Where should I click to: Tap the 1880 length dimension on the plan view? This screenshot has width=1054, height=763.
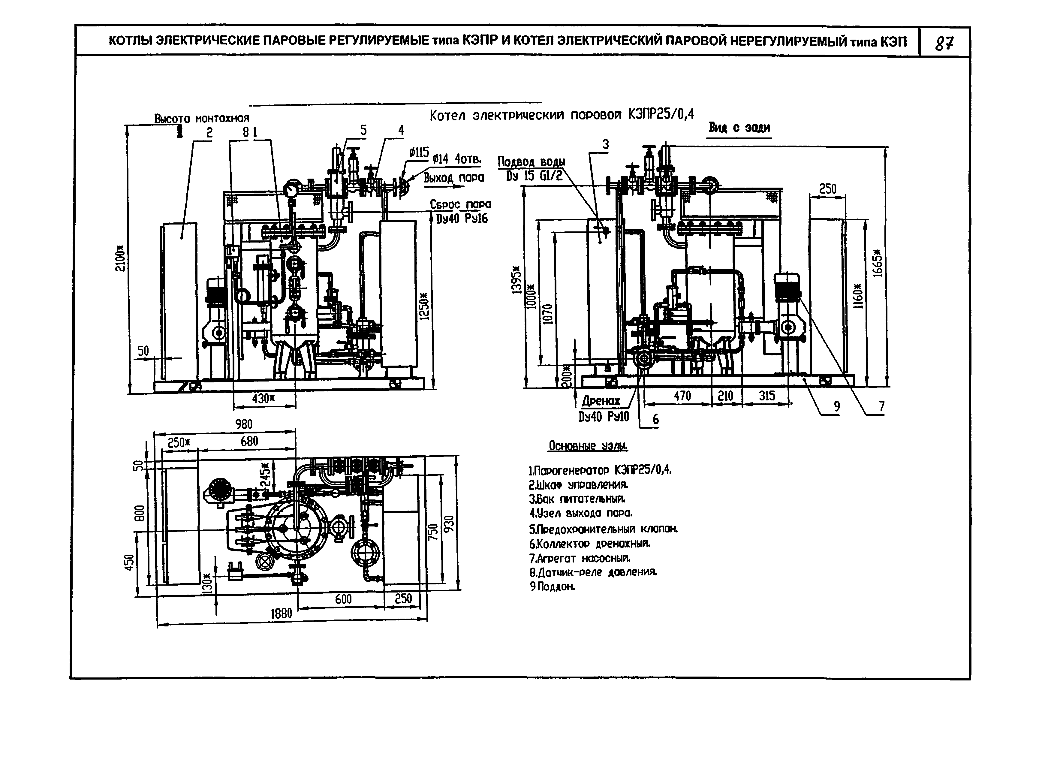coord(282,614)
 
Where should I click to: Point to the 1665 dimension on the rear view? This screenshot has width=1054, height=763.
coord(877,263)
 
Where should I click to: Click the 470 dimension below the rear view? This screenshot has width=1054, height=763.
coord(682,396)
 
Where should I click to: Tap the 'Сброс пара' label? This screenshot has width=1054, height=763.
coord(460,204)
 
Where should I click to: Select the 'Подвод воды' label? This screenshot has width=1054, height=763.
coord(532,162)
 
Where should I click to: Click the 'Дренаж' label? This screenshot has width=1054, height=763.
coord(601,401)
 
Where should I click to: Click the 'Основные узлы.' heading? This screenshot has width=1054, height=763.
coord(588,446)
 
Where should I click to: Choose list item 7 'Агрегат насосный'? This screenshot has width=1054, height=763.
coord(580,558)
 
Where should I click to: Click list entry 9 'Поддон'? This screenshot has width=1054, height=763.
coord(553,587)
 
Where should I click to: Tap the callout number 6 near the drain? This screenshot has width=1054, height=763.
coord(655,420)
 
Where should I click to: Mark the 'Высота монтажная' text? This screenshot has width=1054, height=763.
coord(202,119)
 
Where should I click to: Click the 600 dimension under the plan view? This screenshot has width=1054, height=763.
coord(343,599)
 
